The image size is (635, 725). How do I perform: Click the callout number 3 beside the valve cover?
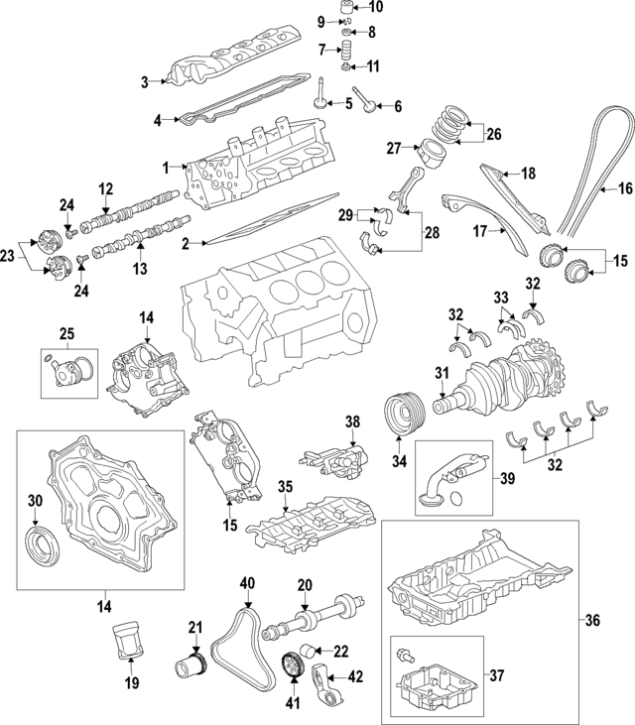tap(144, 81)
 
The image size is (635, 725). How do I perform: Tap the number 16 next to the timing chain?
tap(625, 187)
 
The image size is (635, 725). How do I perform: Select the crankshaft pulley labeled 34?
tap(402, 412)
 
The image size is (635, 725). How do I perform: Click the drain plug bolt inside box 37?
tap(405, 658)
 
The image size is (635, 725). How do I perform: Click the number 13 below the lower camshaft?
tap(140, 267)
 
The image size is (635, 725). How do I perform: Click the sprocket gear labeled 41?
tap(294, 663)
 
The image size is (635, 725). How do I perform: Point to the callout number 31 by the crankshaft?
tap(442, 373)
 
